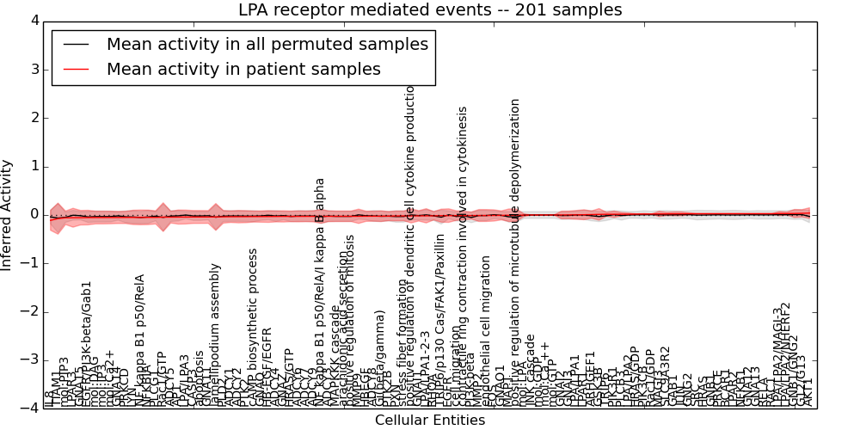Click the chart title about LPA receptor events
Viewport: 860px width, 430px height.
(430, 10)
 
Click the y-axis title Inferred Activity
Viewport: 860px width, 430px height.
(8, 214)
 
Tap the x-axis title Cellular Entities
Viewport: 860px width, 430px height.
(430, 420)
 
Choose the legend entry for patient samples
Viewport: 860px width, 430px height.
(243, 70)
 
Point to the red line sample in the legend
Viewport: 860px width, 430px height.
(76, 70)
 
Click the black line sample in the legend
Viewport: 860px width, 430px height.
(76, 44)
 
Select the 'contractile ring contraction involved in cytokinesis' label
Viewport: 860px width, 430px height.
(464, 257)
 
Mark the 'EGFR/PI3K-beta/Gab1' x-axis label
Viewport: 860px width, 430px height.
(87, 344)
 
